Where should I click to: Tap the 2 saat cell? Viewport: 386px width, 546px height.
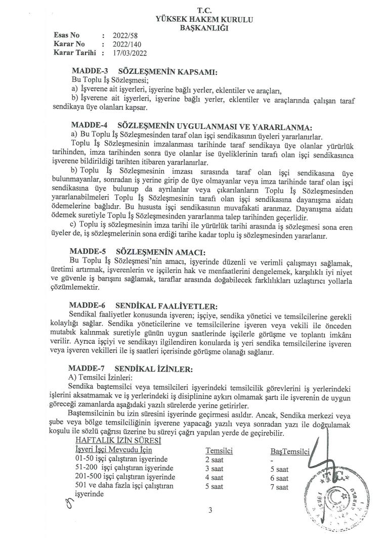point(215,459)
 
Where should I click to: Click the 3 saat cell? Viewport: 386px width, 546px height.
point(215,468)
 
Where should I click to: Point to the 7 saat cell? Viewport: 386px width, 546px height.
point(279,487)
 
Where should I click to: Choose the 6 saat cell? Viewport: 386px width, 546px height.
point(279,478)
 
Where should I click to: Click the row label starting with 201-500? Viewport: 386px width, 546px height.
point(125,478)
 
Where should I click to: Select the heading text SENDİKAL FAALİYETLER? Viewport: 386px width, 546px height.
point(166,306)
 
